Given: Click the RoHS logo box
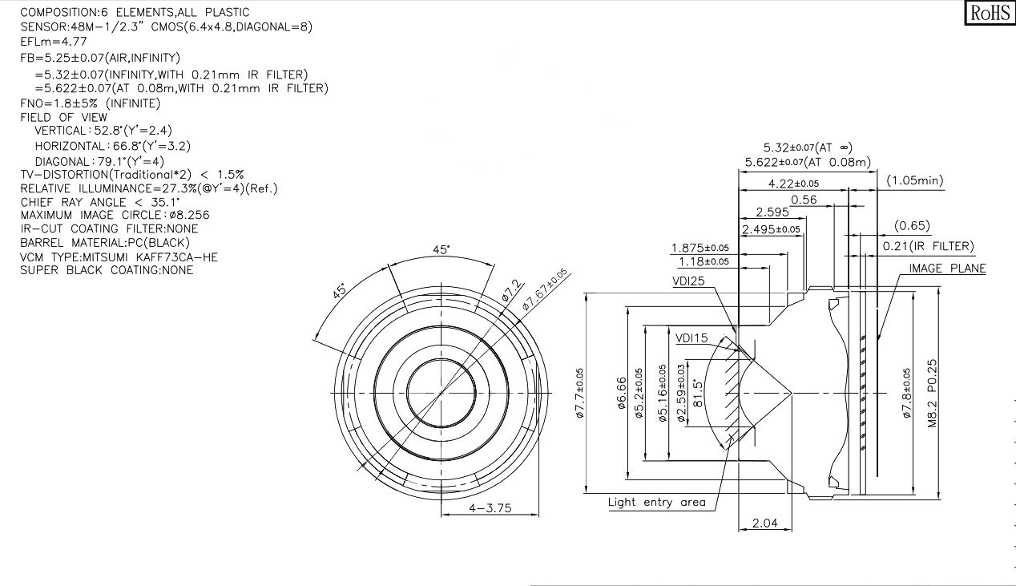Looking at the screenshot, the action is coord(990,13).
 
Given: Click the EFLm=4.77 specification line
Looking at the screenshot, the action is coord(54,42).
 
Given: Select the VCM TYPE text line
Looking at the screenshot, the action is coord(119,257).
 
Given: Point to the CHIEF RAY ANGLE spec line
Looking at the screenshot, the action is coord(100,202).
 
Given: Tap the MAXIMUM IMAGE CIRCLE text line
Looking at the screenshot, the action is coord(115,215).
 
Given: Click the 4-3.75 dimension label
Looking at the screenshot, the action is coord(490,508).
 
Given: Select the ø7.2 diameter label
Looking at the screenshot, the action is coord(512,290).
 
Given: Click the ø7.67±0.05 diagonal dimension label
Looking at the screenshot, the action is coord(544,289).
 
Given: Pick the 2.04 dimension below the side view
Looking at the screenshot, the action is coord(764,523).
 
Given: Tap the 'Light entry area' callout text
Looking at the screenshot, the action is coord(657,502).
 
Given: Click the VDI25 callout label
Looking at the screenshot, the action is coord(688,281).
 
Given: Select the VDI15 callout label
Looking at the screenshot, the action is coord(691,338).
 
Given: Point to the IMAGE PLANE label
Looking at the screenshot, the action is coord(947,269).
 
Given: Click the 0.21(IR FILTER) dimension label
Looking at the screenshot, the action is coord(928,246).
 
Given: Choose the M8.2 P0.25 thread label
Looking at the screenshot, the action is coord(932,394).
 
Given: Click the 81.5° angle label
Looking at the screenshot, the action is coord(698,394).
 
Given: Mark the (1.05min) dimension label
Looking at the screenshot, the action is coord(915,180).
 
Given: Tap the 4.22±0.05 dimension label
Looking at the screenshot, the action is coord(793,184).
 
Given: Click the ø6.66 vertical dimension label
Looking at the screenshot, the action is coord(622,393).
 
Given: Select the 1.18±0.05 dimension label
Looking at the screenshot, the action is coord(704,262).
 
